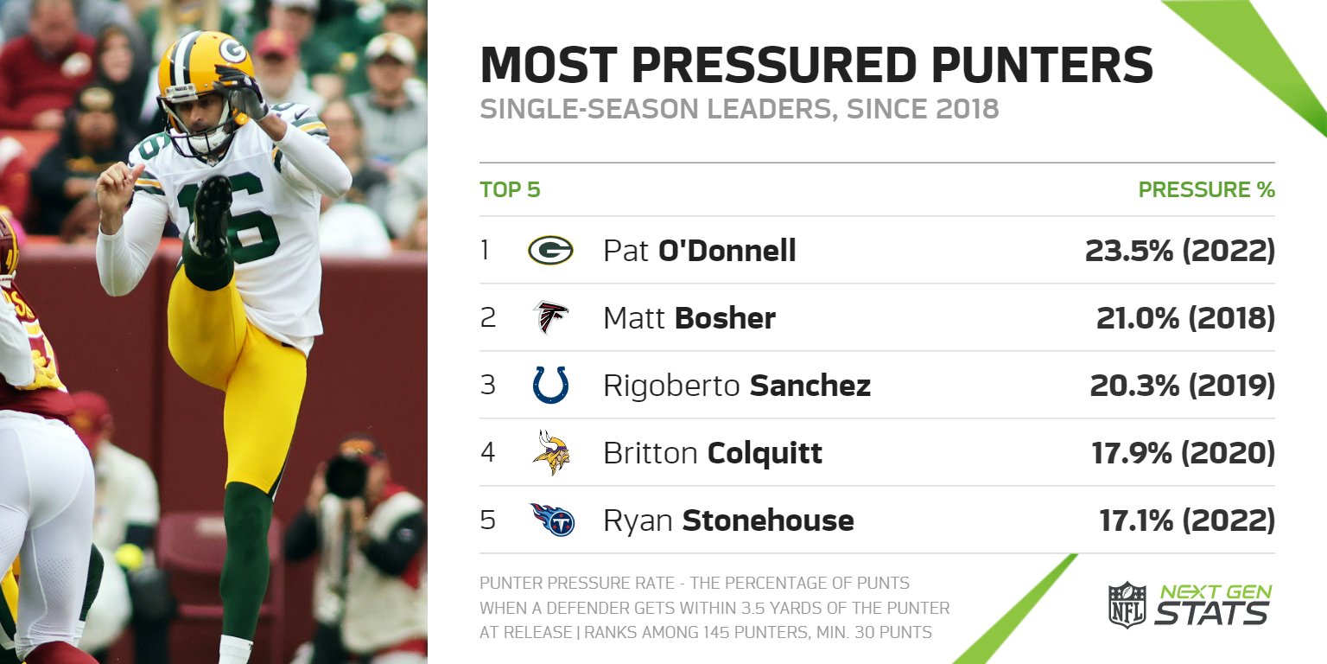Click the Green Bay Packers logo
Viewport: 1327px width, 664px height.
tap(550, 251)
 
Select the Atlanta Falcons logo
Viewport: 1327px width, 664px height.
tap(550, 317)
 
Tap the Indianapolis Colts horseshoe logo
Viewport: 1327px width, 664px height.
tap(550, 385)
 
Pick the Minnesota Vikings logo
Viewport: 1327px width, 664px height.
tap(550, 452)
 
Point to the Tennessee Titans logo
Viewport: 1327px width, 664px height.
tap(552, 520)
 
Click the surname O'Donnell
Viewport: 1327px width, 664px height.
tap(727, 251)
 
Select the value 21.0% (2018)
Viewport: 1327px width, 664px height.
tap(1185, 318)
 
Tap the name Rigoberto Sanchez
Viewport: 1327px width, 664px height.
tap(736, 386)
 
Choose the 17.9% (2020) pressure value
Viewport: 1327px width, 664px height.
tap(1183, 453)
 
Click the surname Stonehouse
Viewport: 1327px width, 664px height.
tap(767, 520)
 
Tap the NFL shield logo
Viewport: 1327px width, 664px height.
tap(1127, 604)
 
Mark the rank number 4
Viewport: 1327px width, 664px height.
tap(488, 453)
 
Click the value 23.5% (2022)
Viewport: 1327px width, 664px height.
tap(1179, 251)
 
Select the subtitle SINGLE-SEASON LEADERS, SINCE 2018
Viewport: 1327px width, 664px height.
tap(739, 110)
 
